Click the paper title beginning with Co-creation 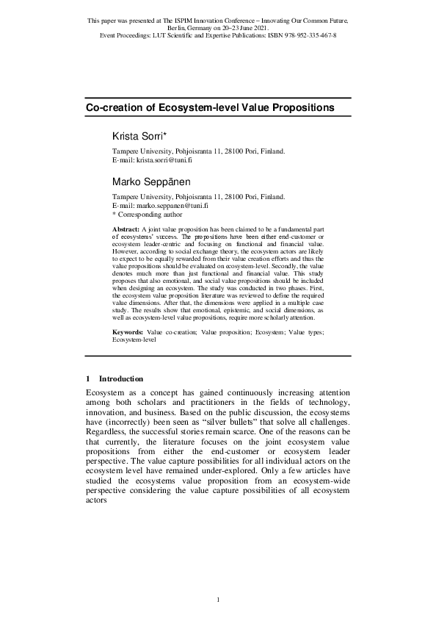(x=210, y=107)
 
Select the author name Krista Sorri (x=140, y=137)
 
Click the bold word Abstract (x=124, y=230)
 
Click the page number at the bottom (x=218, y=601)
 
